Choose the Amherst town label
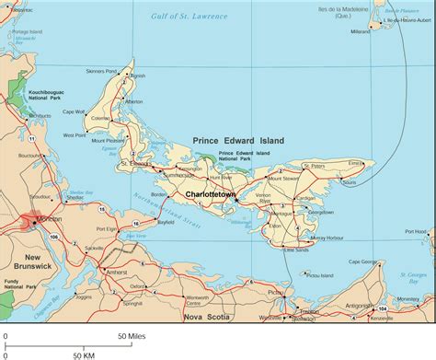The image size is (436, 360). [117, 273]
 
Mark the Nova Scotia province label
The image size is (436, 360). [207, 317]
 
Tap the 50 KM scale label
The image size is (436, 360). [84, 354]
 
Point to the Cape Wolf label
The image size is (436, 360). [99, 112]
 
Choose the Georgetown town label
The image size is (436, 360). [320, 211]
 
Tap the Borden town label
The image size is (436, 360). [159, 195]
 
